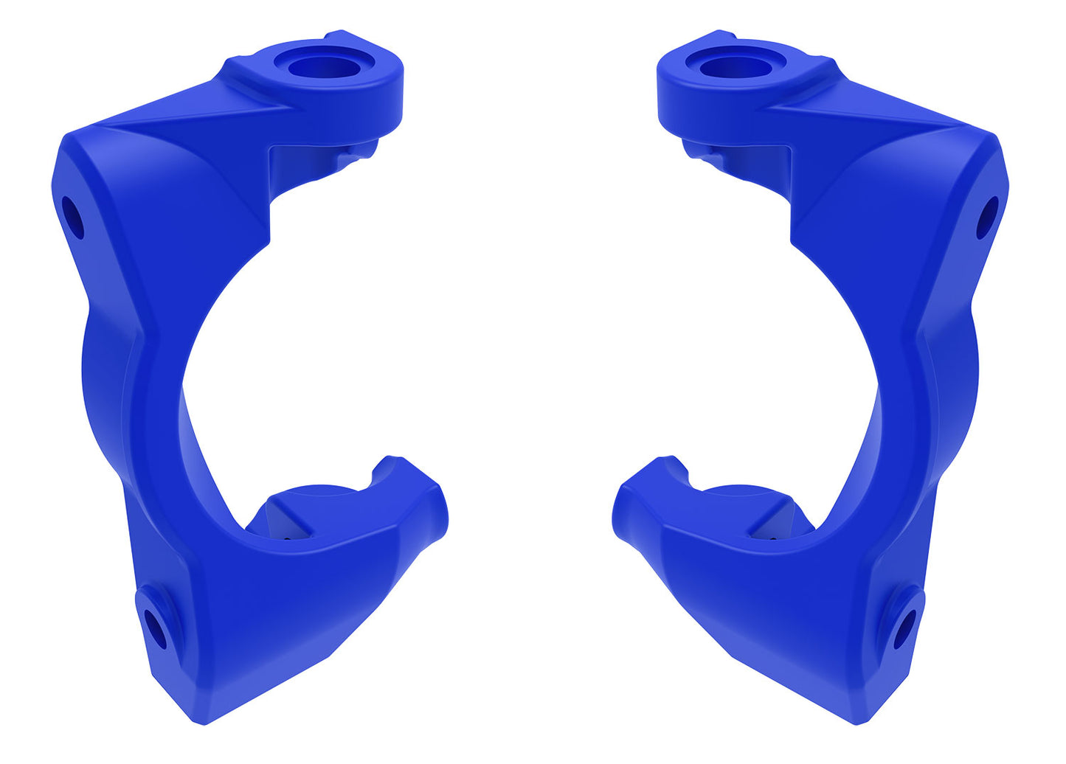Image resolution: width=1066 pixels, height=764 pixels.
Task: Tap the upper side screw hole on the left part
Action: click(72, 217)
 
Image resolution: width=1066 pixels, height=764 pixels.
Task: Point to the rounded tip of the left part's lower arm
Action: click(440, 513)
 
